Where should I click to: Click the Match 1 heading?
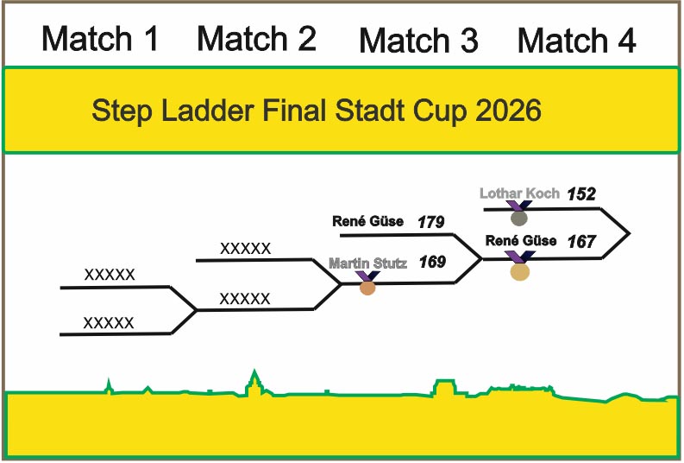pos(101,39)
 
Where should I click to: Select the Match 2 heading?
pos(256,38)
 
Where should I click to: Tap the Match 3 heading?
pos(418,41)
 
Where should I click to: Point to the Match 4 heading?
pos(577,41)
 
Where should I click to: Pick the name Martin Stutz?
pos(367,262)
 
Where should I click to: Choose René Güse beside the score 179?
pos(367,222)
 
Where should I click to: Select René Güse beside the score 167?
pos(521,241)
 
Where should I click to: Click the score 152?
pos(582,194)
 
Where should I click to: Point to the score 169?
pos(432,262)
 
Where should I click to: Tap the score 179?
pos(430,223)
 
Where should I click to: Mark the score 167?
pos(582,242)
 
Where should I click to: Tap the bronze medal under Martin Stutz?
pos(367,287)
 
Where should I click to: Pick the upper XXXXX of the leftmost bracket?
pos(110,276)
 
